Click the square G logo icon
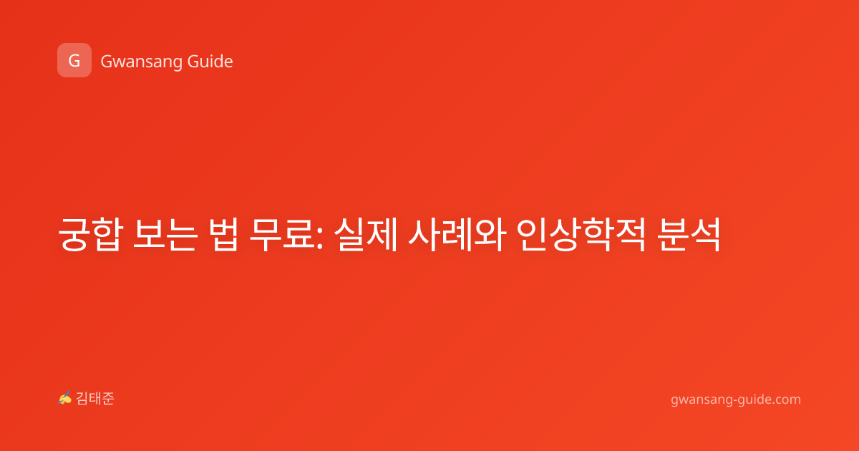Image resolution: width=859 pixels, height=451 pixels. coord(74,60)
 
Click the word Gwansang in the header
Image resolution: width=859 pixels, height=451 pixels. coord(141,62)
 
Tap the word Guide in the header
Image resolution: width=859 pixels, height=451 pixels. coord(210,62)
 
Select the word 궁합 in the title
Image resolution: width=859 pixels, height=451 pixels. coord(90,234)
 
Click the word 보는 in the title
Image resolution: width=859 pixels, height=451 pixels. coord(165,234)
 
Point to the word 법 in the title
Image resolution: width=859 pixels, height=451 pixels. coord(223,234)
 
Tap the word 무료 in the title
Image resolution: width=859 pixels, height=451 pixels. coord(282,234)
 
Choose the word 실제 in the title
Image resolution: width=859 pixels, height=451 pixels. coord(366,234)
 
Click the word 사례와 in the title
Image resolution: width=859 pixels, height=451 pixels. coord(457,234)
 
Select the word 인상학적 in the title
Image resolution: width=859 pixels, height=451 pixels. coord(581,234)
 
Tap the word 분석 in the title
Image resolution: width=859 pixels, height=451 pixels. coord(689,234)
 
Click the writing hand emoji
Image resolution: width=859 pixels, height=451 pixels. coord(65,398)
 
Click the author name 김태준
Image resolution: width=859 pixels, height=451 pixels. coord(95,399)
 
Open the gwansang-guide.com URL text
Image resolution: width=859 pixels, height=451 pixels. coord(736,399)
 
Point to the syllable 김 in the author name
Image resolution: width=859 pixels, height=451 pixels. coord(82,399)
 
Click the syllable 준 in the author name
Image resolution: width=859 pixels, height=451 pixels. coord(108,399)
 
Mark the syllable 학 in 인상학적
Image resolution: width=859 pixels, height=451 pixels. coord(598,234)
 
